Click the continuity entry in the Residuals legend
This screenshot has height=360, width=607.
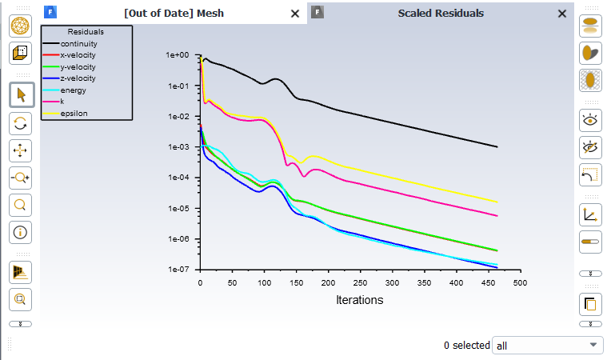tap(78, 43)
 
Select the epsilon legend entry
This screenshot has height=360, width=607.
tap(74, 113)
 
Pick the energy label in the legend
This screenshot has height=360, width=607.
tap(74, 90)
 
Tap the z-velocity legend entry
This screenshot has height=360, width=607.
tap(78, 78)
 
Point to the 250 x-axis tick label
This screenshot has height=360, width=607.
tap(360, 282)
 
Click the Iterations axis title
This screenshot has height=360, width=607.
tap(359, 300)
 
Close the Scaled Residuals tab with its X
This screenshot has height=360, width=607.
tap(562, 14)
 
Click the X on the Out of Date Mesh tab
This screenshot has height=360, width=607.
tap(295, 14)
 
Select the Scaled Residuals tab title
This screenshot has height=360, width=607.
tap(441, 13)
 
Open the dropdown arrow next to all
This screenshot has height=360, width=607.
tap(593, 345)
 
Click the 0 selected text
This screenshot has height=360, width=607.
tap(466, 346)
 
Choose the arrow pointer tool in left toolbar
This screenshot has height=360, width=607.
tap(21, 95)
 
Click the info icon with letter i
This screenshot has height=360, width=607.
tap(21, 233)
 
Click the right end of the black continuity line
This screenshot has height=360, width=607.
tap(497, 147)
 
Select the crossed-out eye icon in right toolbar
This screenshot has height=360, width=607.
tap(590, 147)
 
